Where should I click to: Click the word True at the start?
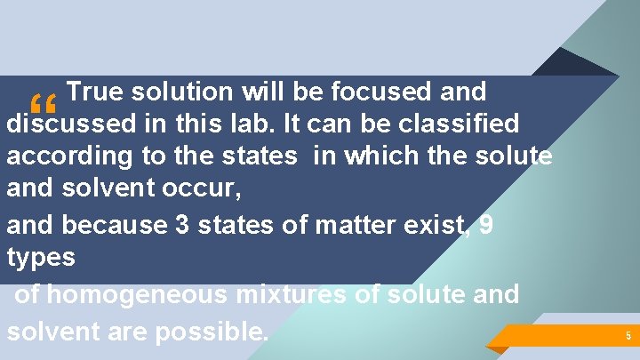click(x=93, y=91)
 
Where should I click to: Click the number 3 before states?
click(x=183, y=224)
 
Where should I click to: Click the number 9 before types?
click(x=485, y=224)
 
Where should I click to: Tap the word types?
click(x=41, y=258)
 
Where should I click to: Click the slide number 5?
click(x=628, y=336)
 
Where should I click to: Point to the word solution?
click(x=183, y=91)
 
